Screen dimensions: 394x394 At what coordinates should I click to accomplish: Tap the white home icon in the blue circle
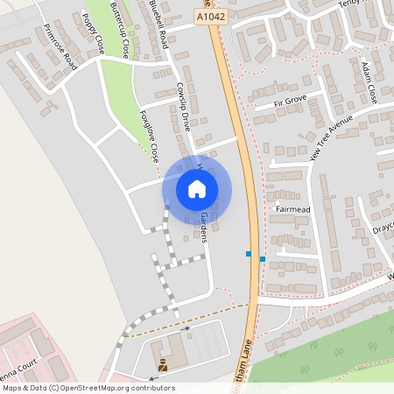click(x=197, y=188)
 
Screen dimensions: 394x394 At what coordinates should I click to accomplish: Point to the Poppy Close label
click(x=92, y=34)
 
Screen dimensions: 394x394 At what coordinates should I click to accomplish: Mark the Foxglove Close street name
click(x=149, y=137)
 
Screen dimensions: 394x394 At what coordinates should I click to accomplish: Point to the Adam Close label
click(x=369, y=81)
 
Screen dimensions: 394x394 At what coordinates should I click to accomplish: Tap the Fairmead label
click(x=293, y=210)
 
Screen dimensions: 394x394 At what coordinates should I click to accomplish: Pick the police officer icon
click(x=163, y=362)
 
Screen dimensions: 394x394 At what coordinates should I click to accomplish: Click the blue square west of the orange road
click(x=249, y=254)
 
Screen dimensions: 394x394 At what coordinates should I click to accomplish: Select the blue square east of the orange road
click(x=263, y=259)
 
